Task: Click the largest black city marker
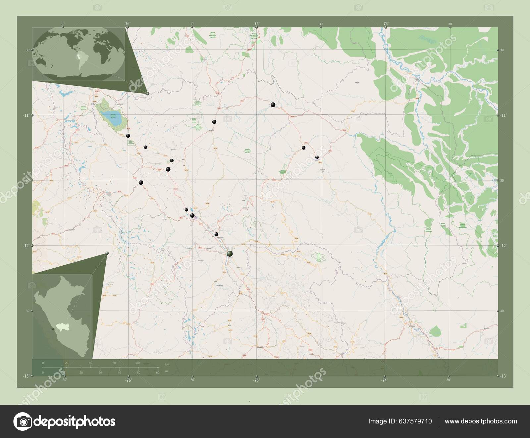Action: coord(230,254)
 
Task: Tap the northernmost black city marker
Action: coord(273,105)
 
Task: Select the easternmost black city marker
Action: coord(317,157)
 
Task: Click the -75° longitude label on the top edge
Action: coord(256,24)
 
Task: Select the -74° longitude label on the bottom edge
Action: coord(384,380)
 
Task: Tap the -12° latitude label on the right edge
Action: coord(502,245)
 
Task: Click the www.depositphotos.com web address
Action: coord(481,421)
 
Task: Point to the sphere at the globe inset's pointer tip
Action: coord(148,94)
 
